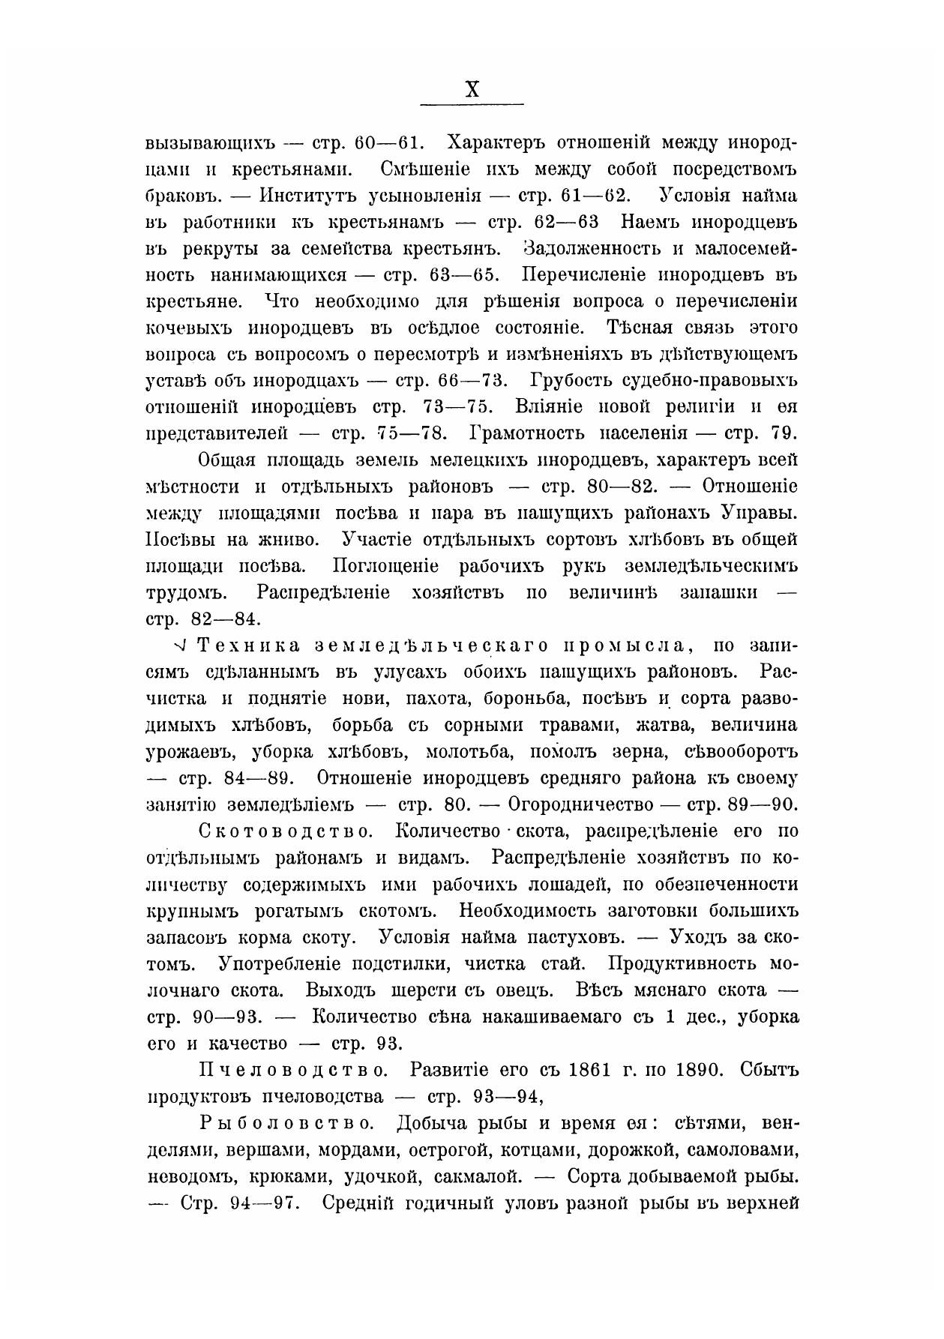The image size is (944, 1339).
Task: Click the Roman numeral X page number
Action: point(472,90)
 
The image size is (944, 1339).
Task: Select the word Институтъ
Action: point(308,196)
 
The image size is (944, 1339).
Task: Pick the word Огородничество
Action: point(582,804)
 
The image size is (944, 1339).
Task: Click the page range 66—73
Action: point(469,381)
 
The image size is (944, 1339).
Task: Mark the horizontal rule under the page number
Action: point(472,104)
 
